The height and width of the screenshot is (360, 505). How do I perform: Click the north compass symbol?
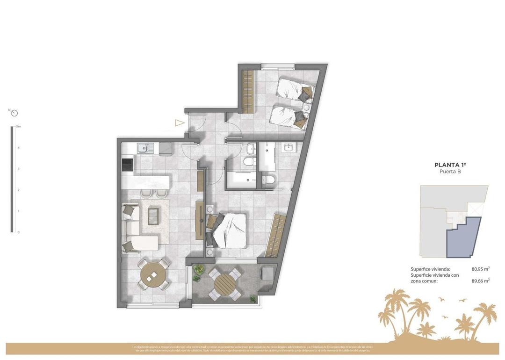click(14, 113)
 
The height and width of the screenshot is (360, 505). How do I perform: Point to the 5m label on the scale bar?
click(18, 127)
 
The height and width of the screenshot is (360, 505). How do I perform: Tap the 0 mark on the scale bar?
click(18, 232)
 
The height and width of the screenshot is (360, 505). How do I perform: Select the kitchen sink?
click(143, 149)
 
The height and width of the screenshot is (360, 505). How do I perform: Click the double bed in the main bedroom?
click(228, 230)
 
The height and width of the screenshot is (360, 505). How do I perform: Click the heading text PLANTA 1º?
click(450, 165)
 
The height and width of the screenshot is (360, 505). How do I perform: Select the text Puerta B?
click(450, 172)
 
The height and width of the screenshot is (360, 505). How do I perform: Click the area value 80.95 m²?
click(480, 269)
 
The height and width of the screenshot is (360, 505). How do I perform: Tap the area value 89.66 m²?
click(480, 281)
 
